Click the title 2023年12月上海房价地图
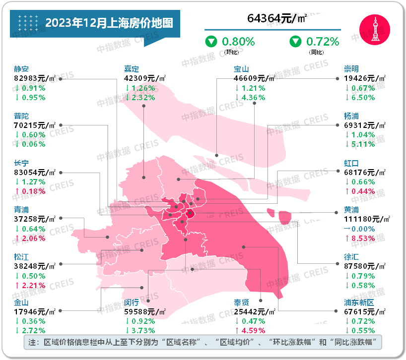point(109,23)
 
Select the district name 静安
point(22,69)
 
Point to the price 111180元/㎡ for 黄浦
point(365,219)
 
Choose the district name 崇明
point(351,69)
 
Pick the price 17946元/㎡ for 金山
point(35,312)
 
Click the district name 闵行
point(132,302)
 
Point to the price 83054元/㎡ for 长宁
point(35,172)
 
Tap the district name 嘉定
point(132,69)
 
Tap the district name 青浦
point(22,210)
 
